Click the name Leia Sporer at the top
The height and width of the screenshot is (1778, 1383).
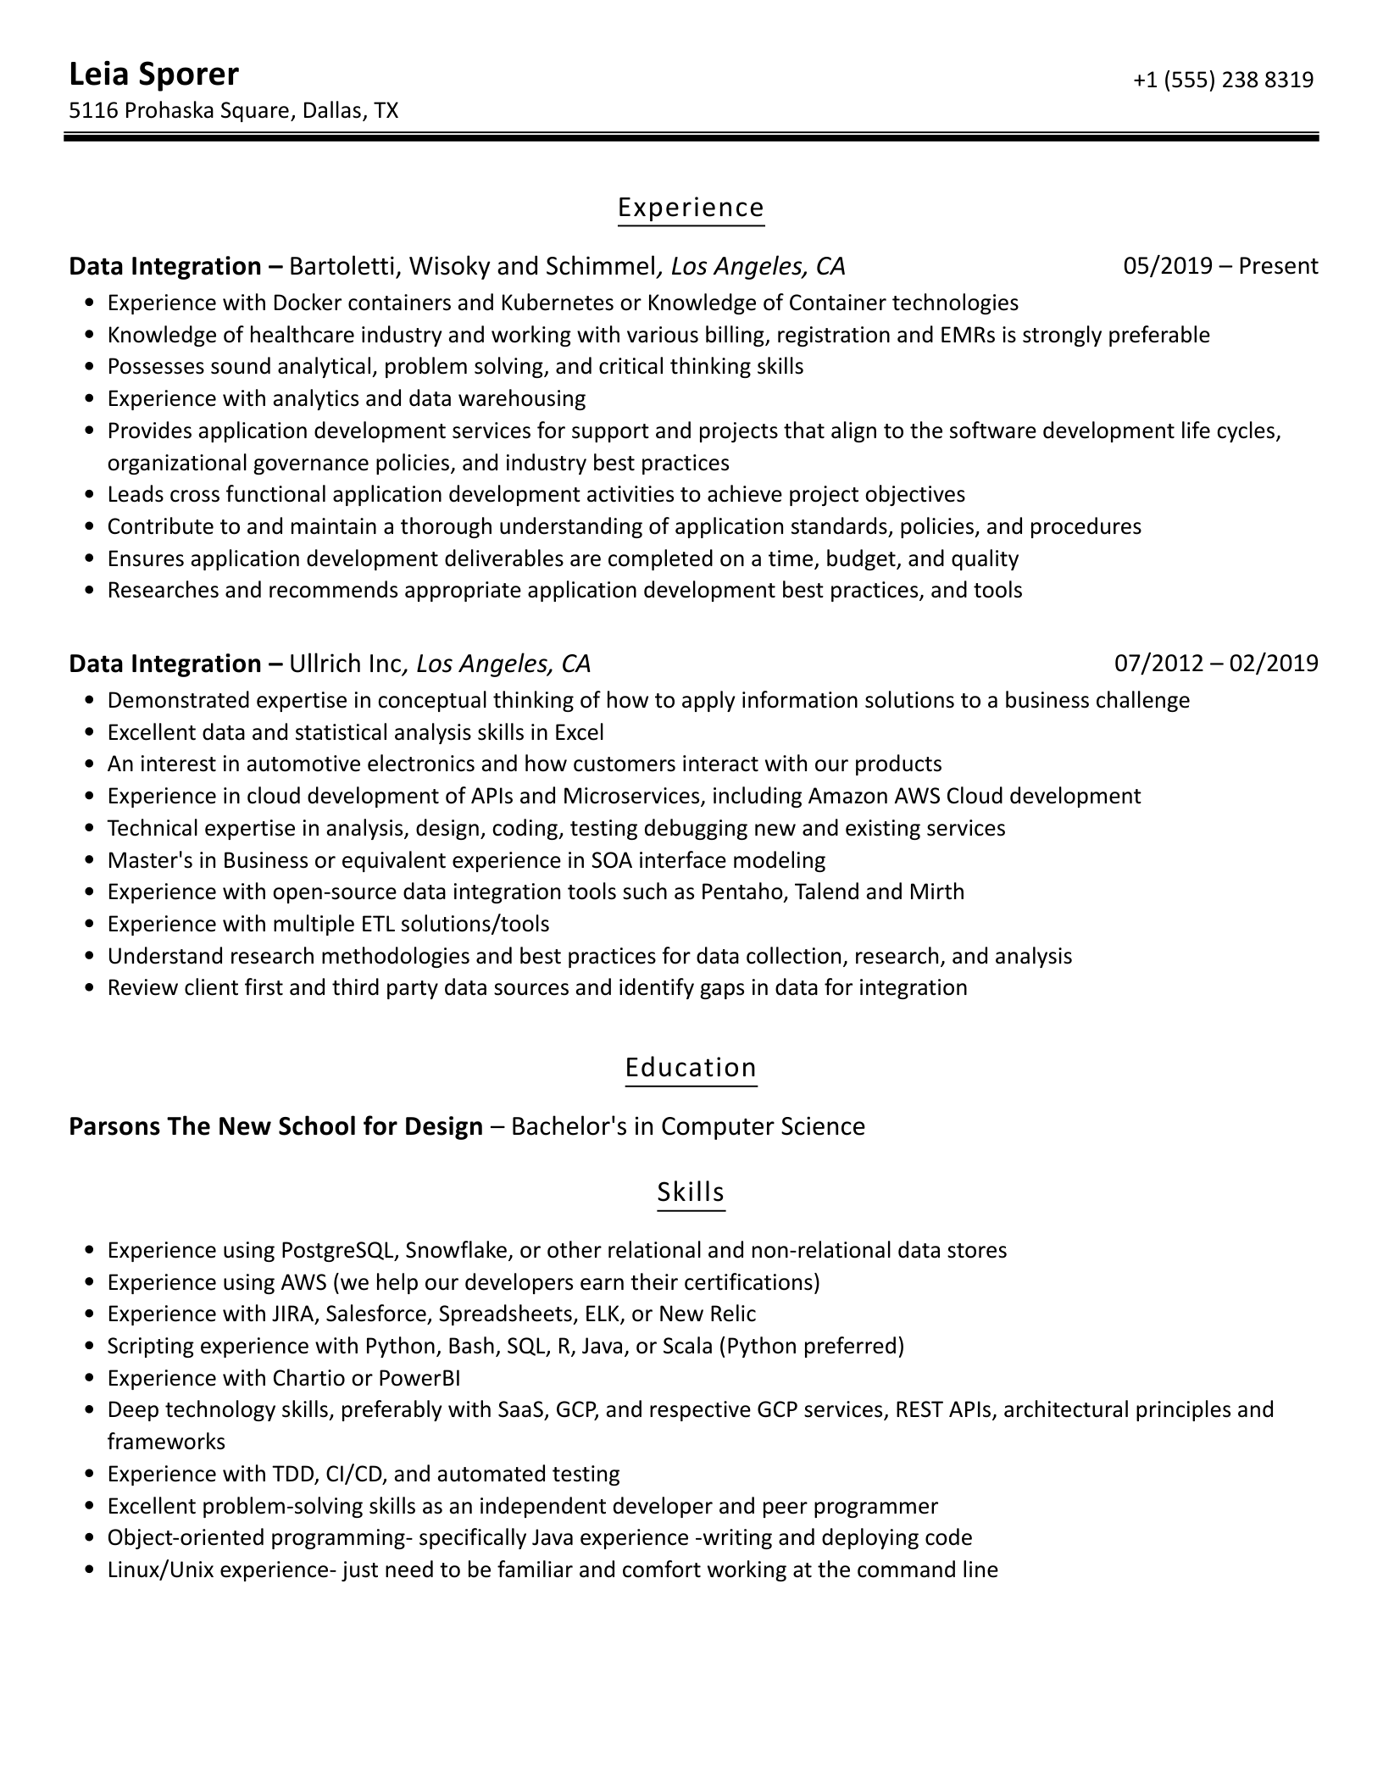point(153,75)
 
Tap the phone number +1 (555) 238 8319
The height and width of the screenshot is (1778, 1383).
point(1223,80)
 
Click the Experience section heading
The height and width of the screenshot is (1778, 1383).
point(691,208)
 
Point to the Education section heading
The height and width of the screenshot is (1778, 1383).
point(691,1067)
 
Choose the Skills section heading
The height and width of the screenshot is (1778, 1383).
point(691,1192)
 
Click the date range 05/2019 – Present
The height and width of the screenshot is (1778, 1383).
point(1220,266)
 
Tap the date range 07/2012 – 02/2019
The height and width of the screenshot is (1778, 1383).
point(1216,663)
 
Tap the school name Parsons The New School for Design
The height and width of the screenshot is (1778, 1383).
point(275,1126)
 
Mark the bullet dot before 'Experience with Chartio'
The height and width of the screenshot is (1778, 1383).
point(91,1379)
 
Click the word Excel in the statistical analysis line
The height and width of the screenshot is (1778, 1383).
point(579,732)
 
